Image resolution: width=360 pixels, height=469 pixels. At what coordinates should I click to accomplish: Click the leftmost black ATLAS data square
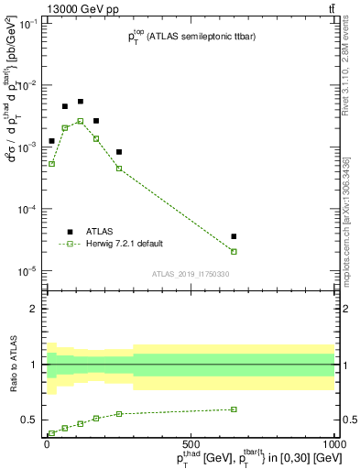52,141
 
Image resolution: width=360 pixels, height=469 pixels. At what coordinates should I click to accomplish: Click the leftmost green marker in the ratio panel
52,433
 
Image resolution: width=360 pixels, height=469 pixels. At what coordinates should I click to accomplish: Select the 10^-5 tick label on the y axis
26,271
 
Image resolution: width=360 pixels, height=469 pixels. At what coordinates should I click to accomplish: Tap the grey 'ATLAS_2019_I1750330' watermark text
191,274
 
